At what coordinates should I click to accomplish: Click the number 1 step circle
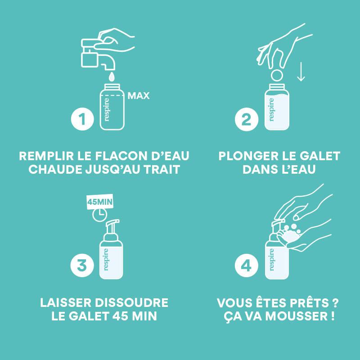coord(82,119)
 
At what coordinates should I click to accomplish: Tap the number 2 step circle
coord(247,119)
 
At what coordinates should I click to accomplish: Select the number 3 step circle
coord(82,265)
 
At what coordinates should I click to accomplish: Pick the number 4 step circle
coord(246,265)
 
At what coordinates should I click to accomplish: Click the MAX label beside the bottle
coord(139,96)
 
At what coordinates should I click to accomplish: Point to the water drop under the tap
coord(112,77)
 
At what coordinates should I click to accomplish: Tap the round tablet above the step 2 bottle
coord(277,75)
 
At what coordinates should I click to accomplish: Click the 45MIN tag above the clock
coord(99,202)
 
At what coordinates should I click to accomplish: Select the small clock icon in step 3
coord(99,215)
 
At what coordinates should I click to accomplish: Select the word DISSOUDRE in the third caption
coord(131,302)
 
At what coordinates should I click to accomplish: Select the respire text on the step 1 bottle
coord(107,109)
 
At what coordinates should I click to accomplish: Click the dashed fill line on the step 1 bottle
coord(112,95)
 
